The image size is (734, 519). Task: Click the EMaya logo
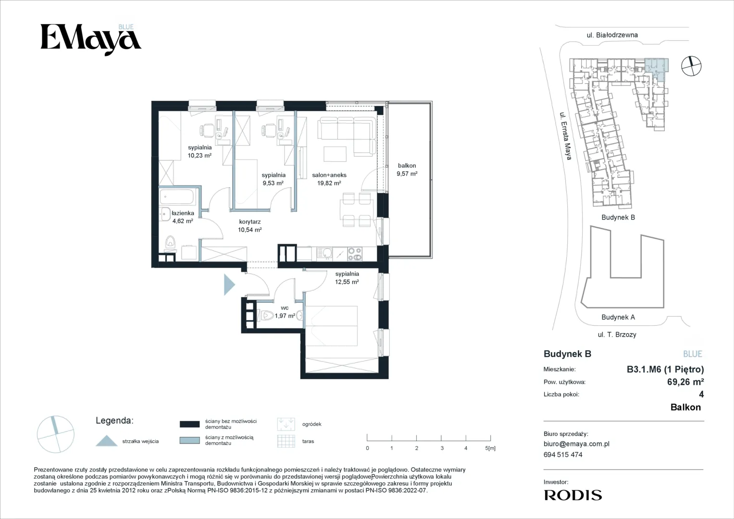click(x=91, y=39)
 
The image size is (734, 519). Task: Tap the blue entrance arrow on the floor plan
click(x=229, y=284)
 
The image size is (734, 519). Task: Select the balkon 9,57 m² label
click(x=407, y=170)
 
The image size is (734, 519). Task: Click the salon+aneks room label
click(x=329, y=179)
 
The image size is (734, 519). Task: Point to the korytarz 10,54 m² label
click(x=249, y=226)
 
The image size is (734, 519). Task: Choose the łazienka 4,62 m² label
click(x=183, y=217)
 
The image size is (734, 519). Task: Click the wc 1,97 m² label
click(x=285, y=312)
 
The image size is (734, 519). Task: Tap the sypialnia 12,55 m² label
click(x=347, y=278)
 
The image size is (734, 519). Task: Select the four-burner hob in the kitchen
click(x=355, y=254)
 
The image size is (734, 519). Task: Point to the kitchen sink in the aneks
click(x=325, y=254)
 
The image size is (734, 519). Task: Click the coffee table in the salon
click(x=335, y=154)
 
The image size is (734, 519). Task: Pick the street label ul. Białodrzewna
click(x=612, y=35)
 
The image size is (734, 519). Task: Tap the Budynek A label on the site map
click(x=618, y=317)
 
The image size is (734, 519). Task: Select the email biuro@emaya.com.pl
click(x=576, y=444)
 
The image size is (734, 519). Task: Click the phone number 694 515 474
click(x=563, y=455)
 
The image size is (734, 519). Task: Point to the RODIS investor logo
click(x=573, y=495)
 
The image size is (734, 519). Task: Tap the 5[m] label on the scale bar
click(x=490, y=448)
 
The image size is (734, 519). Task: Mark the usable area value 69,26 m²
click(x=685, y=382)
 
